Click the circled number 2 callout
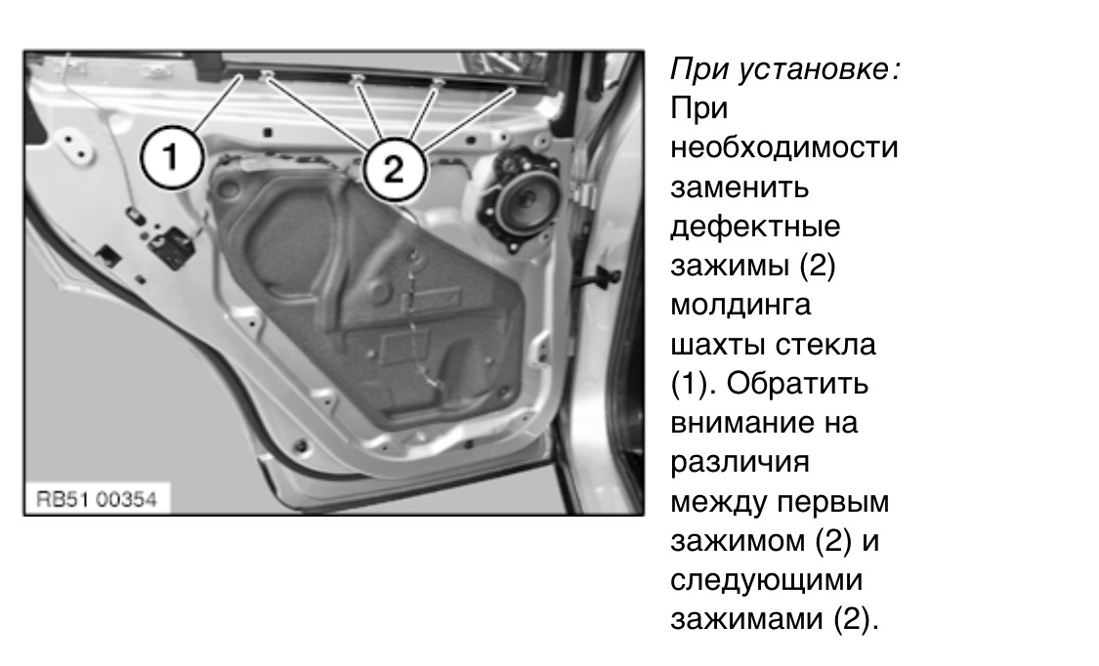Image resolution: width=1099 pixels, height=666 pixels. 393,169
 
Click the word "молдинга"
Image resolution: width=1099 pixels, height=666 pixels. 740,305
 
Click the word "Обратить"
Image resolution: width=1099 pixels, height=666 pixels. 797,384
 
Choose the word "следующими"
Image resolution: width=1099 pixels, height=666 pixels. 766,580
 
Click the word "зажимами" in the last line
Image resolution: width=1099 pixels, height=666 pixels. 747,620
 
